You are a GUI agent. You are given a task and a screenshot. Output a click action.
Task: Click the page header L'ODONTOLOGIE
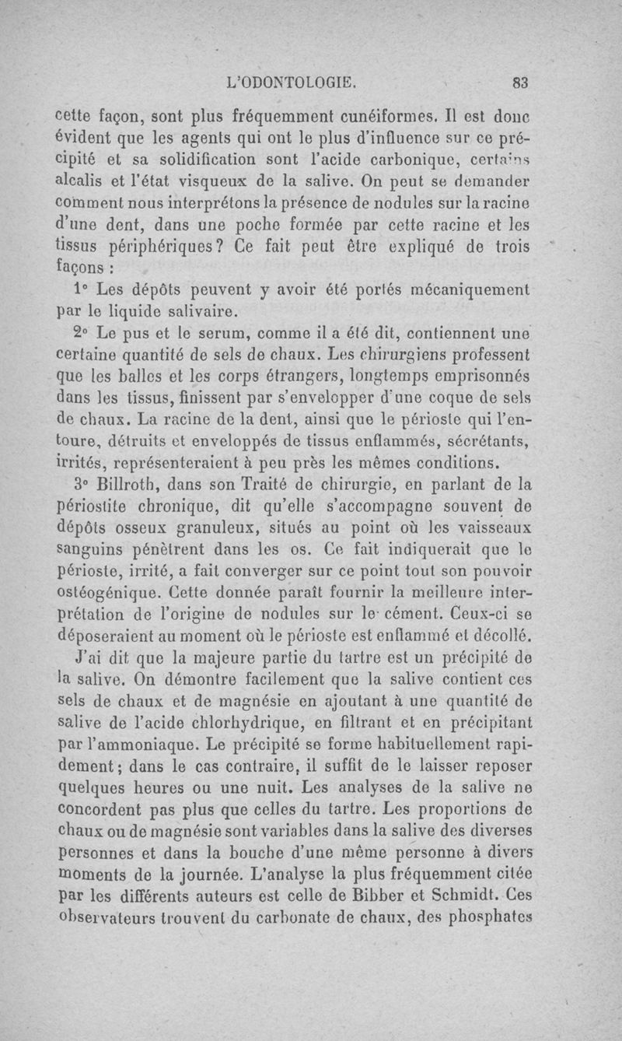pyautogui.click(x=289, y=79)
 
